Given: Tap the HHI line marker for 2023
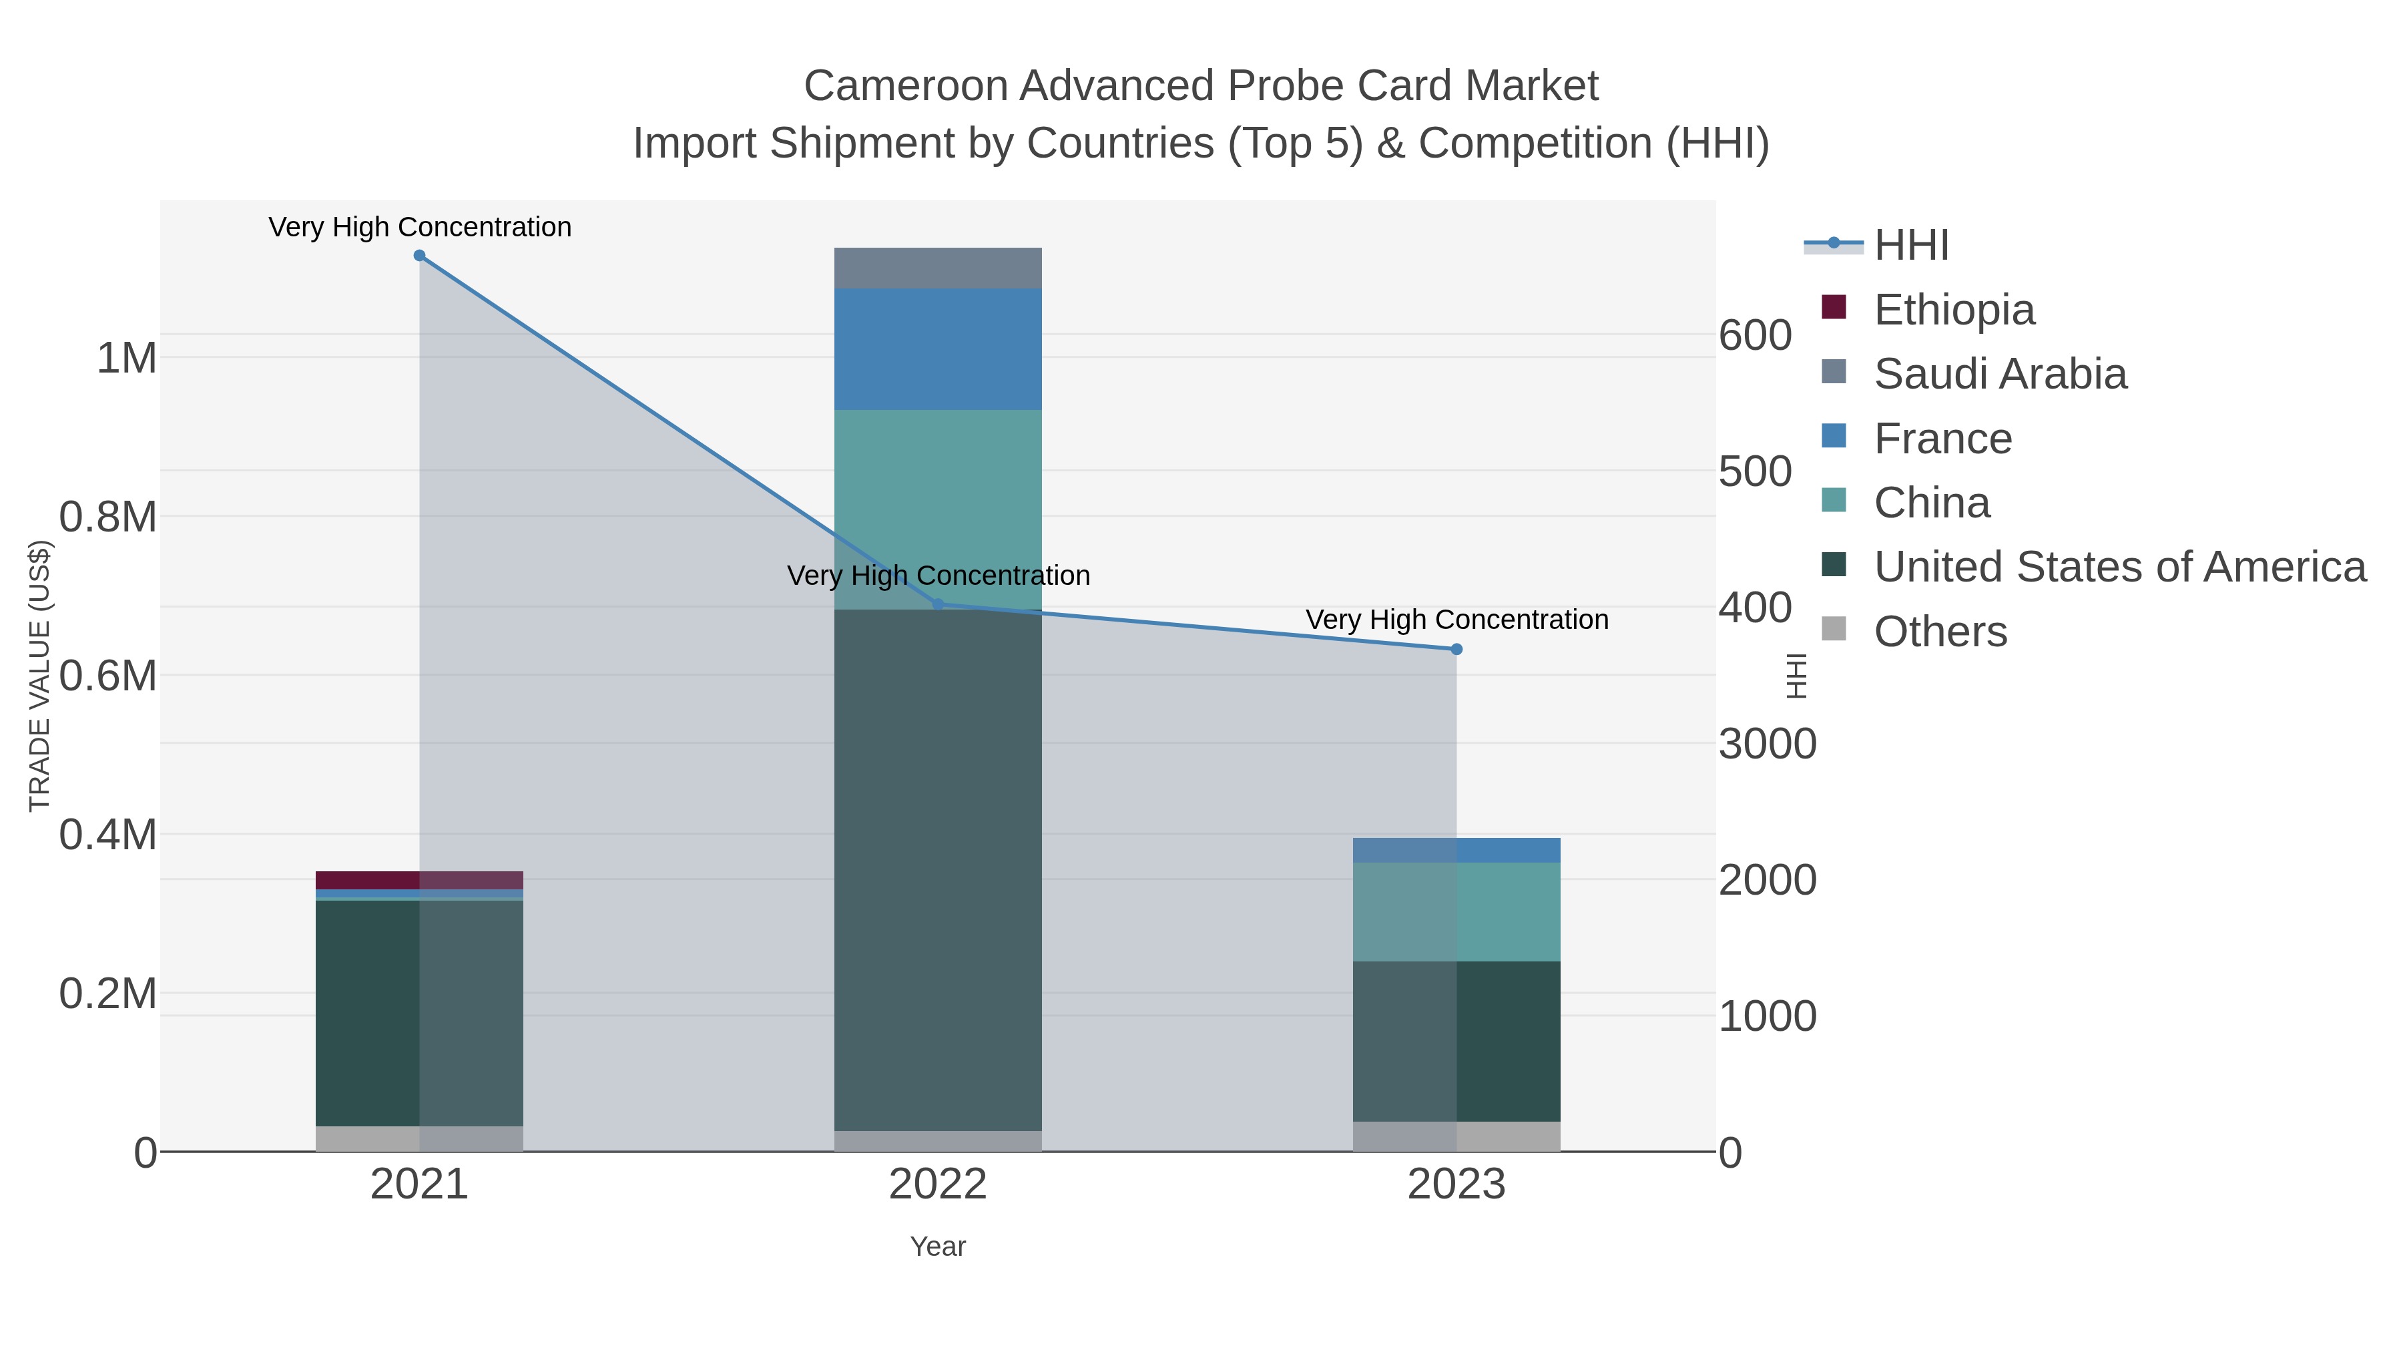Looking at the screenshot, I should click(1456, 650).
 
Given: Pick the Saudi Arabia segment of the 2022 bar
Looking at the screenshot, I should click(938, 268).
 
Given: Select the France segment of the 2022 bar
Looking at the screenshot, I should click(938, 349).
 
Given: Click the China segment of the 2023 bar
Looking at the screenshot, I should click(1456, 911).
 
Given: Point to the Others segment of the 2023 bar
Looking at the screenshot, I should click(1456, 1136).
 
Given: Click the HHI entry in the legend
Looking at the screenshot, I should click(1910, 246).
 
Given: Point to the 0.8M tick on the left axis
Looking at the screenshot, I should click(108, 517).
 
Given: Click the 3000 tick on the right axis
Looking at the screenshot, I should click(1767, 744).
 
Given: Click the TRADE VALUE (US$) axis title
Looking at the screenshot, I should click(39, 676).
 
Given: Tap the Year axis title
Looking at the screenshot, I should click(938, 1247).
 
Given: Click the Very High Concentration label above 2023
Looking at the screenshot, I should click(1456, 620).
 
